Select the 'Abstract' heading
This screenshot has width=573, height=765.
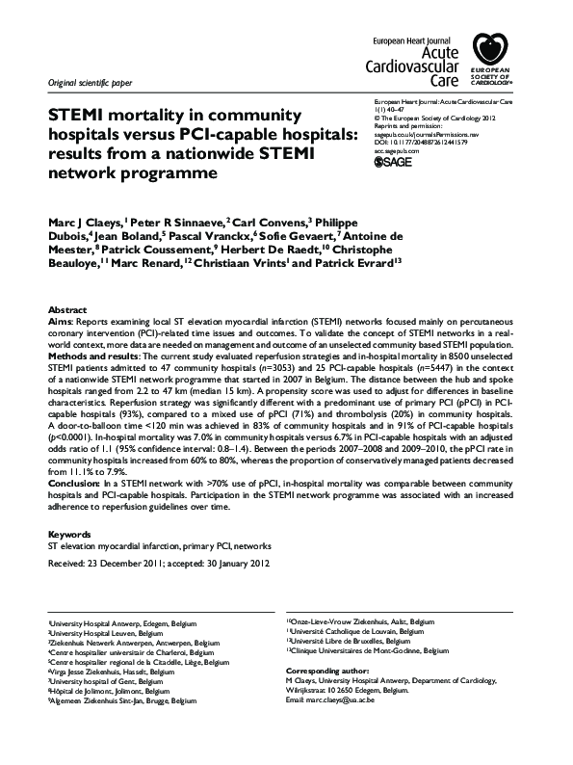point(66,309)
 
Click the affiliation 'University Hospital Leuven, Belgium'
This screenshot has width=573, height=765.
point(104,633)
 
